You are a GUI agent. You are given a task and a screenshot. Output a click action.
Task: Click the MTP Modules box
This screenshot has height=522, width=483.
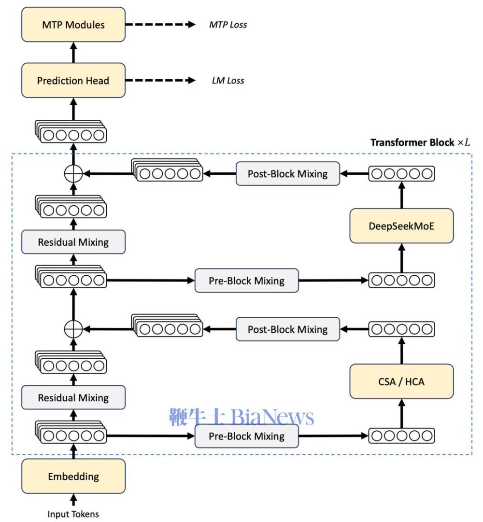(73, 25)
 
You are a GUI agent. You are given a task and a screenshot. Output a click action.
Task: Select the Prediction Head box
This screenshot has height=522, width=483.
(73, 80)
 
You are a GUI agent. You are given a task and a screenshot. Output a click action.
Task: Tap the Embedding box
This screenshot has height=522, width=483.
(73, 476)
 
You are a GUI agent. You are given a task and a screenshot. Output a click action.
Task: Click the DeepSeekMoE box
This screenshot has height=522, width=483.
(401, 226)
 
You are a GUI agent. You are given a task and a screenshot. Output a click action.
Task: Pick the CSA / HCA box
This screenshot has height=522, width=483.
(401, 381)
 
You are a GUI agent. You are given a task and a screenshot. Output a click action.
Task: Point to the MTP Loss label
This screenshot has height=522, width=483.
(228, 25)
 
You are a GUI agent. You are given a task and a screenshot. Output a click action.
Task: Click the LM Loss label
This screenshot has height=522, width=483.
(228, 81)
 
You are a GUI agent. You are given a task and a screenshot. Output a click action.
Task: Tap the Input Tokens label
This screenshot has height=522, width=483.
(73, 514)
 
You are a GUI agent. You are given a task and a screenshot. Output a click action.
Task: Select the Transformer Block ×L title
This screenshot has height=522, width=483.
(420, 142)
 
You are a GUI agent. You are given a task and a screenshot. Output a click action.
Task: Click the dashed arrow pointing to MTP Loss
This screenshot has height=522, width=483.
(160, 24)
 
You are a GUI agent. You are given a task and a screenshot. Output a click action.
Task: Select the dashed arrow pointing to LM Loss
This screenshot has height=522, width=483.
(160, 80)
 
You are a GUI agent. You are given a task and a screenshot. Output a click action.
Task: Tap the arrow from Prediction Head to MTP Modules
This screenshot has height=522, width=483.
(73, 53)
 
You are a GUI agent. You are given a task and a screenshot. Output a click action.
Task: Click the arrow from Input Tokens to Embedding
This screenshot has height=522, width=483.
(73, 500)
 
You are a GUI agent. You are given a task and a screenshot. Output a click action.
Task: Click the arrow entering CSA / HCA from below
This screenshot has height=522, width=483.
(402, 413)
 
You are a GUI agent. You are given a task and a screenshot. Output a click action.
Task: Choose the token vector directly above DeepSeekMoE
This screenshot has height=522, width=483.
(401, 173)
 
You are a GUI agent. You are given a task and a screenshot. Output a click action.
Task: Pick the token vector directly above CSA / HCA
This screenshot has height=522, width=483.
(401, 329)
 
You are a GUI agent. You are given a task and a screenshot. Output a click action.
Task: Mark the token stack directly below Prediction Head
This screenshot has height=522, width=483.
(71, 131)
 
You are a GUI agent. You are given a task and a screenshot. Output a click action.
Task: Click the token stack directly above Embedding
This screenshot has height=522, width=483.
(71, 432)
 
